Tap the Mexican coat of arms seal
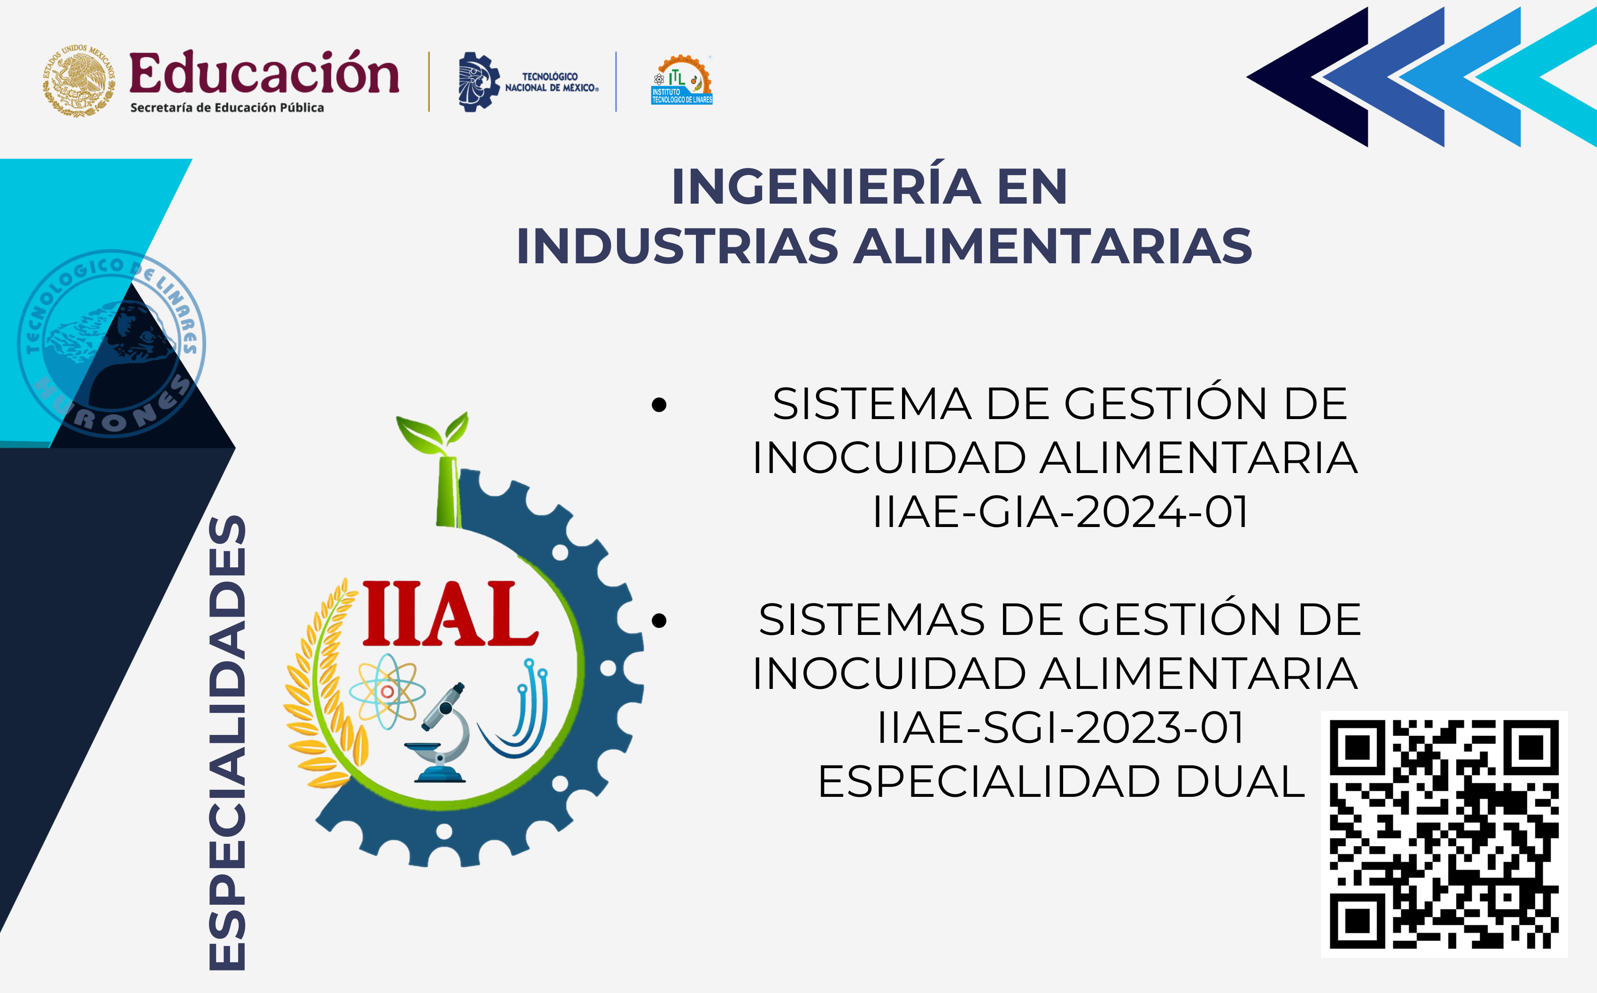click(x=79, y=81)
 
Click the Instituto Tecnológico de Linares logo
click(x=682, y=80)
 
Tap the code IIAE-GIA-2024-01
click(x=1060, y=512)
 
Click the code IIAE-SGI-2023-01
click(x=1060, y=728)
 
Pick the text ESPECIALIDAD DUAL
click(x=1060, y=781)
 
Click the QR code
click(x=1444, y=834)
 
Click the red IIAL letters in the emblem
click(x=450, y=613)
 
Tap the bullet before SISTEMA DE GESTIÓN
click(x=659, y=405)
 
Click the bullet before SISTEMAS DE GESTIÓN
click(x=659, y=620)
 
